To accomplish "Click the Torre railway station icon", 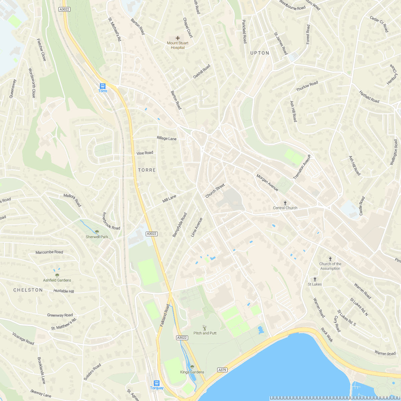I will tap(103, 86).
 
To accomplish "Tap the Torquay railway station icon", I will tap(157, 383).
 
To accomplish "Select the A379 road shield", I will tap(222, 370).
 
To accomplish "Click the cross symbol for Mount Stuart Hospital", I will tap(178, 38).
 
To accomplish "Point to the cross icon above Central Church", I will tap(285, 203).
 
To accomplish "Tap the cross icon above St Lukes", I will tap(314, 279).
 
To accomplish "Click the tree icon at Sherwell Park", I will tap(97, 232).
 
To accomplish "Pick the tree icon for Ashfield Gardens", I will tap(57, 275).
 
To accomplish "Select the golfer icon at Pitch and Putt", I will tap(205, 328).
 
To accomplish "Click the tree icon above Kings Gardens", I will tap(192, 367).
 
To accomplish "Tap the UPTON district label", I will tap(260, 53).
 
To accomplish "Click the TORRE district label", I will tap(147, 170).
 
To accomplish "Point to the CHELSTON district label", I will tap(28, 290).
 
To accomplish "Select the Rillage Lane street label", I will tap(166, 138).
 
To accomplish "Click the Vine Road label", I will tap(145, 153).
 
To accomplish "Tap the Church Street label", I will tap(215, 191).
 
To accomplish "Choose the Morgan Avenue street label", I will tap(267, 183).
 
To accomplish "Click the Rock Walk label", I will tap(327, 335).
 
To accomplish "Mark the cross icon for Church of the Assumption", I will tap(330, 259).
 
